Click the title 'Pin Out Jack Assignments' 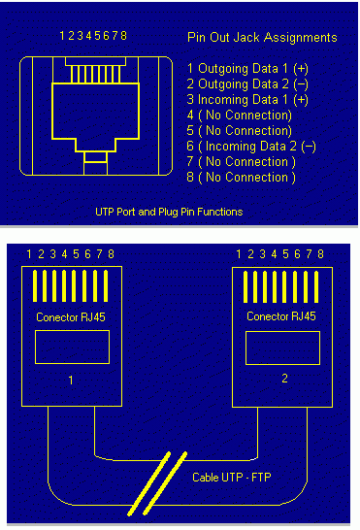(x=262, y=37)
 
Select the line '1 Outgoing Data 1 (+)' (x=247, y=69)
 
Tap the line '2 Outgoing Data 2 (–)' (x=247, y=84)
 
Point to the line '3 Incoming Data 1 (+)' (x=247, y=100)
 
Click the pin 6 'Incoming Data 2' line (x=251, y=147)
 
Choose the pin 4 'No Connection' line (x=240, y=116)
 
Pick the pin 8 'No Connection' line (x=241, y=178)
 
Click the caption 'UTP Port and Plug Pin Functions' (x=169, y=212)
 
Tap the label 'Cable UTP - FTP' (x=232, y=478)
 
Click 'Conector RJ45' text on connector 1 (x=71, y=317)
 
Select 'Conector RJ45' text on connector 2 (x=281, y=316)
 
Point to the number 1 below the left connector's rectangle (x=71, y=381)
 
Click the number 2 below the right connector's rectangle (x=284, y=379)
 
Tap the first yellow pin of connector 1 (x=35, y=286)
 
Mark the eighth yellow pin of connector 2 (x=316, y=287)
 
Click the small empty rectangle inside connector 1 (x=72, y=347)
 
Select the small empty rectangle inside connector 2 (x=282, y=348)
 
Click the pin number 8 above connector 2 (x=320, y=254)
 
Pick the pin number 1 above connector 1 (x=29, y=254)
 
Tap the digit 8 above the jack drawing (x=123, y=35)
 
